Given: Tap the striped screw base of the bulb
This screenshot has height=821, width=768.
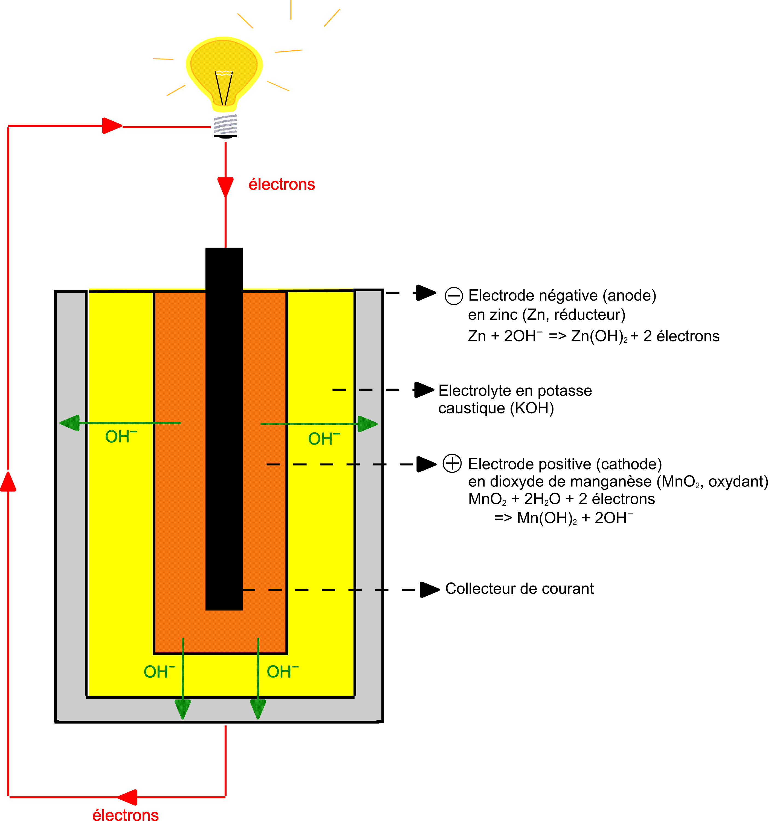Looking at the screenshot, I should pos(225,125).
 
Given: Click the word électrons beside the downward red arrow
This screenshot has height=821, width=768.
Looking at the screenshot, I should pos(282,185).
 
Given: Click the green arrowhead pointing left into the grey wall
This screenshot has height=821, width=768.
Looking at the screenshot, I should pos(70,423).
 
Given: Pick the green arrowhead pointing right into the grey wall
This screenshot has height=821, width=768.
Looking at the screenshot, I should pos(367,424).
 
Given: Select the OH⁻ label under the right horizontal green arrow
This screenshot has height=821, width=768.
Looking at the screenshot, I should pos(324,439).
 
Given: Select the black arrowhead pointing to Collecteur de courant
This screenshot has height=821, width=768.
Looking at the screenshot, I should pos(429,590).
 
